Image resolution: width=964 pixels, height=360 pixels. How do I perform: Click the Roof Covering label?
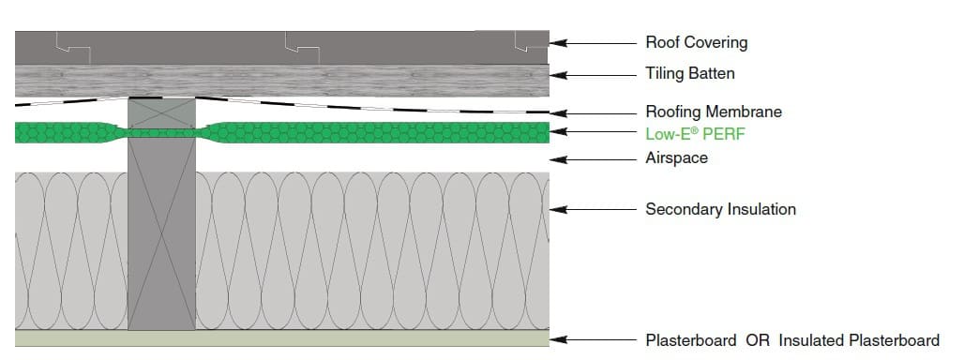point(696,43)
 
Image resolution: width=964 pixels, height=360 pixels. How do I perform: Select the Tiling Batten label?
point(689,73)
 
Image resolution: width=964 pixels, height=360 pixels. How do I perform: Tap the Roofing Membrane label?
point(713,112)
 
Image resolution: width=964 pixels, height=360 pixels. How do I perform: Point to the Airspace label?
point(676,158)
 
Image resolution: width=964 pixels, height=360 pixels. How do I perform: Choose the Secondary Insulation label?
point(720,209)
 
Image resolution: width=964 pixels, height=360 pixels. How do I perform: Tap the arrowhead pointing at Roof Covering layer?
point(558,43)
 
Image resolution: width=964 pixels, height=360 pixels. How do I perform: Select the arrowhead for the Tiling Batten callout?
point(558,73)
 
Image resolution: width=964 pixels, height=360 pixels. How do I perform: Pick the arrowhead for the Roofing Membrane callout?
point(558,112)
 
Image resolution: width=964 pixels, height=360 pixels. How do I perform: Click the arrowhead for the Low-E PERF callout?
point(558,134)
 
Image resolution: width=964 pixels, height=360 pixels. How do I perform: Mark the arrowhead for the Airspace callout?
point(558,158)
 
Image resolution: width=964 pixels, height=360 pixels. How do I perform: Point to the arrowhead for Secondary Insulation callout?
point(558,209)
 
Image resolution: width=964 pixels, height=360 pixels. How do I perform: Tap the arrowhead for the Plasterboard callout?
point(558,340)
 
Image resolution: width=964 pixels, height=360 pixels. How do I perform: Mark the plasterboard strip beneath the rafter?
point(161,338)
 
